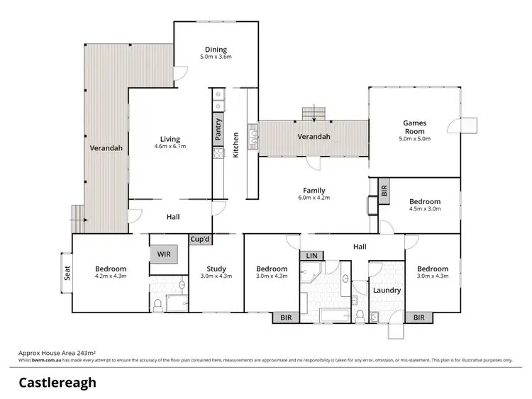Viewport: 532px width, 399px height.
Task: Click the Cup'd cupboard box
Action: (200, 240)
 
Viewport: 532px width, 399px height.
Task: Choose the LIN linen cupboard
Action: (311, 255)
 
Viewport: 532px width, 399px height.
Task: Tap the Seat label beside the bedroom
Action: (68, 273)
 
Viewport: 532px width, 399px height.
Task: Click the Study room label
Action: (216, 269)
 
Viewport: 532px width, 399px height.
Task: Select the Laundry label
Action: (387, 290)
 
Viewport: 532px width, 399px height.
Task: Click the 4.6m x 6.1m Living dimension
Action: (170, 147)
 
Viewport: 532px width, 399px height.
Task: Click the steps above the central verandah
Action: (314, 113)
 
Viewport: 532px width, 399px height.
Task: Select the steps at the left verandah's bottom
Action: (76, 216)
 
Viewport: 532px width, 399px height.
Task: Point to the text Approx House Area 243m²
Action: (57, 352)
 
